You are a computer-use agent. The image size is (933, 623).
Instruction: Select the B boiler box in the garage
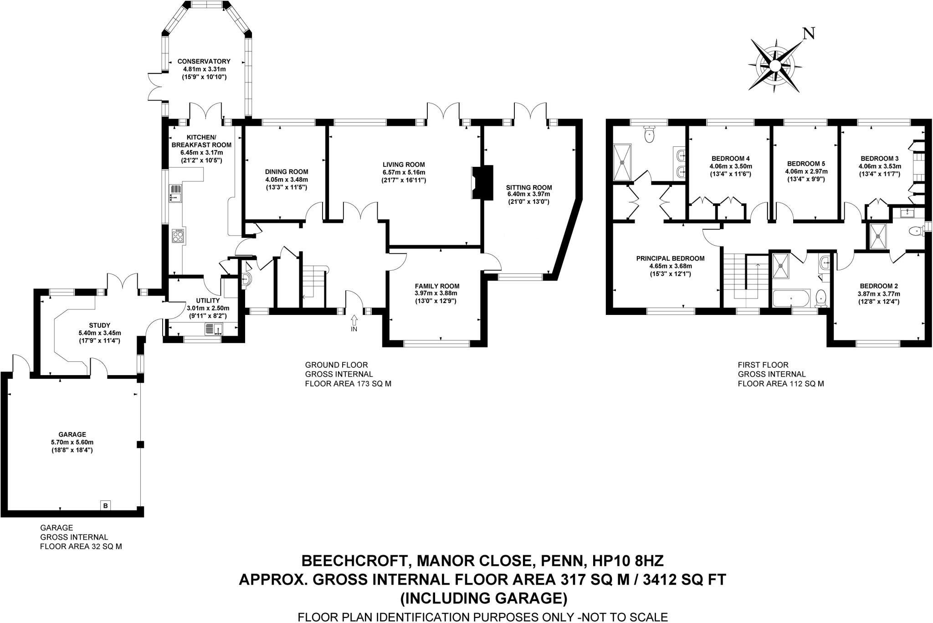[106, 505]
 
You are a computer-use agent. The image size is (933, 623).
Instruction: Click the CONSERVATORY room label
[204, 61]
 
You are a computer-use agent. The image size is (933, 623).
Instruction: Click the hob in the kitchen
[177, 236]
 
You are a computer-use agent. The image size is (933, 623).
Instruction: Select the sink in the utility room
[213, 329]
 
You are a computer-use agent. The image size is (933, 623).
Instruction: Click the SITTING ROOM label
[528, 187]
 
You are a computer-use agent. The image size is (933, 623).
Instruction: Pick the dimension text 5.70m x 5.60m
[73, 442]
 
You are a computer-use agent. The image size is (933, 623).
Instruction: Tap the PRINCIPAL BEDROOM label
[670, 258]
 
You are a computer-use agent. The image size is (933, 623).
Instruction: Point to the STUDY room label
[99, 325]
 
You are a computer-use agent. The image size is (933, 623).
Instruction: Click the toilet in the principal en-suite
[649, 134]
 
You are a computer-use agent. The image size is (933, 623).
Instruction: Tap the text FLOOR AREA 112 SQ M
[781, 384]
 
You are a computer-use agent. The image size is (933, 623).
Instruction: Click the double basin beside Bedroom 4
[680, 163]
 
